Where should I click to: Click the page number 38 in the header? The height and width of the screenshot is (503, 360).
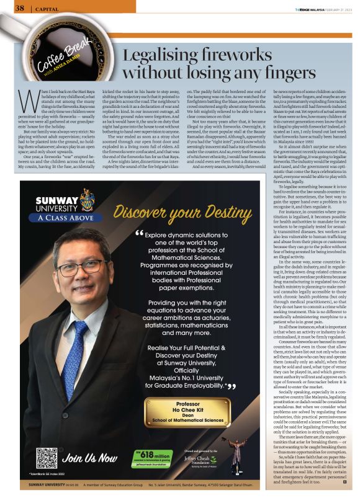pyautogui.click(x=19, y=8)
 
